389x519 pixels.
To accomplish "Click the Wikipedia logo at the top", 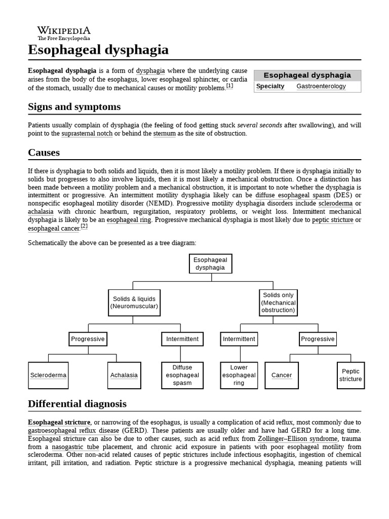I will [x=64, y=32].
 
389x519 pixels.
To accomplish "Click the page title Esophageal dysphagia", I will [x=98, y=50].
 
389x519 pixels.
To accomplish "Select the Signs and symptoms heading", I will [x=74, y=106].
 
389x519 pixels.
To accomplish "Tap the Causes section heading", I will [x=44, y=152].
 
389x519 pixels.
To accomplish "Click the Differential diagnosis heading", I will [x=77, y=403].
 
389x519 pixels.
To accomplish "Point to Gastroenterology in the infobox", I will [x=321, y=86].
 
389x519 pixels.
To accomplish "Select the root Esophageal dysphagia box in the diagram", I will [x=210, y=264].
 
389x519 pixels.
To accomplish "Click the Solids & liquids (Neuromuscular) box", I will [x=134, y=302].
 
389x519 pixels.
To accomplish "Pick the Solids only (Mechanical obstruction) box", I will [x=278, y=303].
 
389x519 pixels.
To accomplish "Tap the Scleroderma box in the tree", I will [x=48, y=375].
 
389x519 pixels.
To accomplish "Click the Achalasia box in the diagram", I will [x=124, y=375].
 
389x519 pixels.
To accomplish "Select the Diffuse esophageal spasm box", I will [x=182, y=375].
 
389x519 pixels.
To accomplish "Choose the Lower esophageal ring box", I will [x=239, y=375].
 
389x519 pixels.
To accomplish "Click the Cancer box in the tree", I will [x=282, y=375].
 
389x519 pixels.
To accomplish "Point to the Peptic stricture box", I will [x=351, y=375].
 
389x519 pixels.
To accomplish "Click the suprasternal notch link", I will [x=87, y=133].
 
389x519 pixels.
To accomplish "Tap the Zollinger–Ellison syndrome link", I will [x=297, y=438].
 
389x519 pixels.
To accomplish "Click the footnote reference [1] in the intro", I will [x=229, y=86].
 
